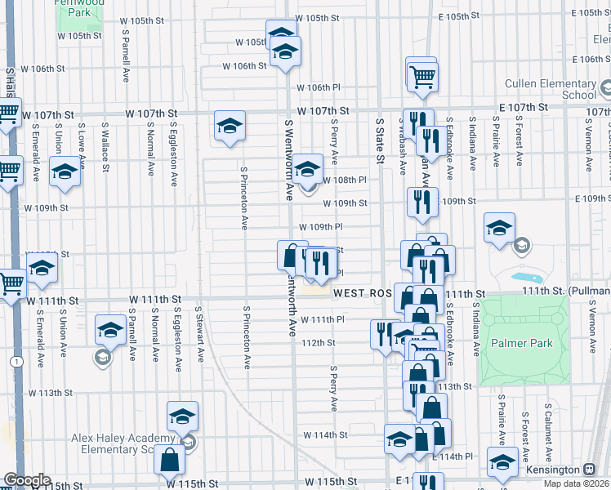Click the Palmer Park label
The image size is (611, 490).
(x=523, y=343)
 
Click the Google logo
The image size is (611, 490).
(x=27, y=480)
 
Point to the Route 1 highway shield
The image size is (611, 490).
(x=16, y=361)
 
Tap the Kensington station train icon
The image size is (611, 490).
(x=589, y=470)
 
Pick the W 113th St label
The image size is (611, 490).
(x=50, y=393)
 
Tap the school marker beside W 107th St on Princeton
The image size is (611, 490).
(x=230, y=126)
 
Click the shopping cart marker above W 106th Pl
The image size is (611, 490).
(x=421, y=75)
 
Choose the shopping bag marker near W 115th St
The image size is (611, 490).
(x=169, y=461)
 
